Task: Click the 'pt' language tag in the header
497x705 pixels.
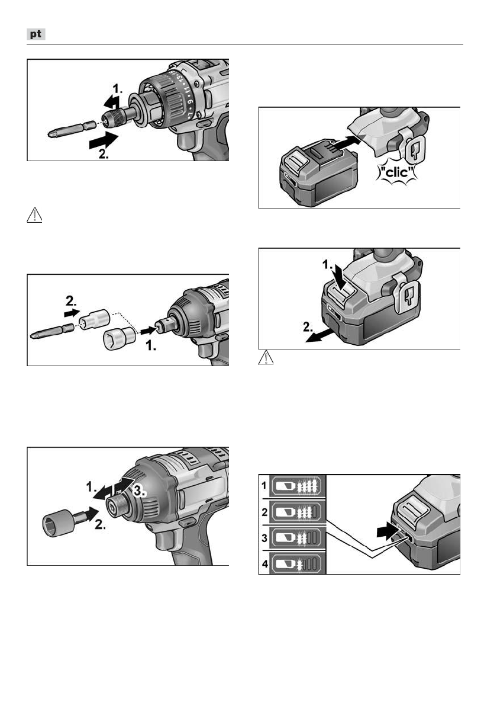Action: pyautogui.click(x=36, y=34)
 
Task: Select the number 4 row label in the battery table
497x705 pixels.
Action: pyautogui.click(x=265, y=563)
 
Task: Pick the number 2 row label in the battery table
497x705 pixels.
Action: pyautogui.click(x=265, y=512)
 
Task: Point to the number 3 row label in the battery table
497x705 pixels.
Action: pyautogui.click(x=265, y=538)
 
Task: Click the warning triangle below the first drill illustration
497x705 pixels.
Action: pyautogui.click(x=34, y=216)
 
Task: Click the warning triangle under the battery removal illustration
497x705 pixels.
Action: pyautogui.click(x=266, y=357)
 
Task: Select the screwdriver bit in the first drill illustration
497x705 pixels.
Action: pyautogui.click(x=72, y=130)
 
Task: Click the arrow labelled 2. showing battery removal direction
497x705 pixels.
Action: pyautogui.click(x=319, y=335)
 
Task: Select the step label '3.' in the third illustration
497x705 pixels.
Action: pyautogui.click(x=139, y=492)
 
